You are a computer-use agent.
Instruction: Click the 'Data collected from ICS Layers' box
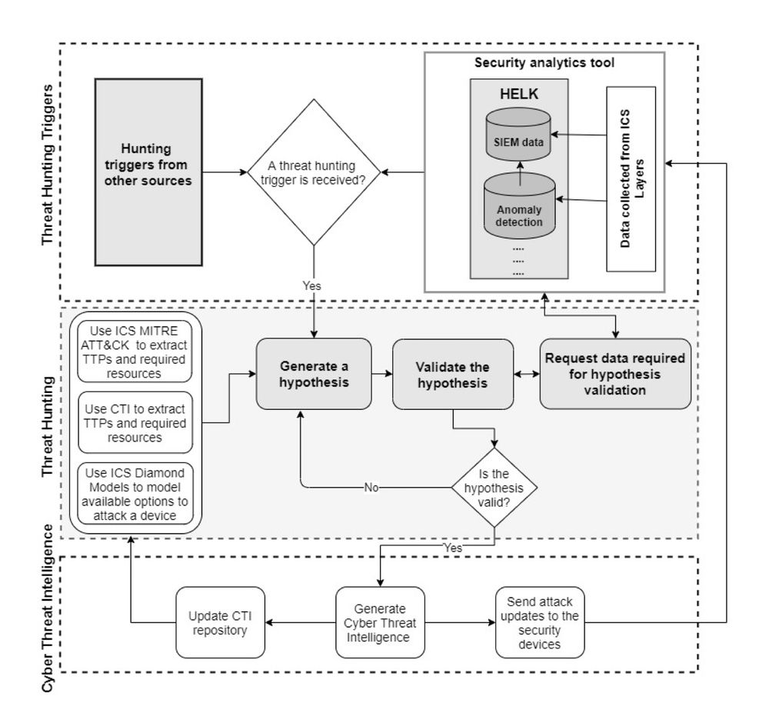pyautogui.click(x=631, y=178)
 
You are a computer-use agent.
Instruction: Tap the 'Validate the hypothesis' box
pyautogui.click(x=452, y=374)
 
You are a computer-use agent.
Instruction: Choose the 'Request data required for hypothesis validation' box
pyautogui.click(x=615, y=374)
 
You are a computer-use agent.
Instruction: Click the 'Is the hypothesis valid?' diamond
pyautogui.click(x=494, y=488)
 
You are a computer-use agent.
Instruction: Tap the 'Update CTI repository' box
pyautogui.click(x=219, y=623)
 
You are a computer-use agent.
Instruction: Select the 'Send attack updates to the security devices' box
pyautogui.click(x=539, y=623)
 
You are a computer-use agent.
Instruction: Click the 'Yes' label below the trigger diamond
pyautogui.click(x=312, y=285)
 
